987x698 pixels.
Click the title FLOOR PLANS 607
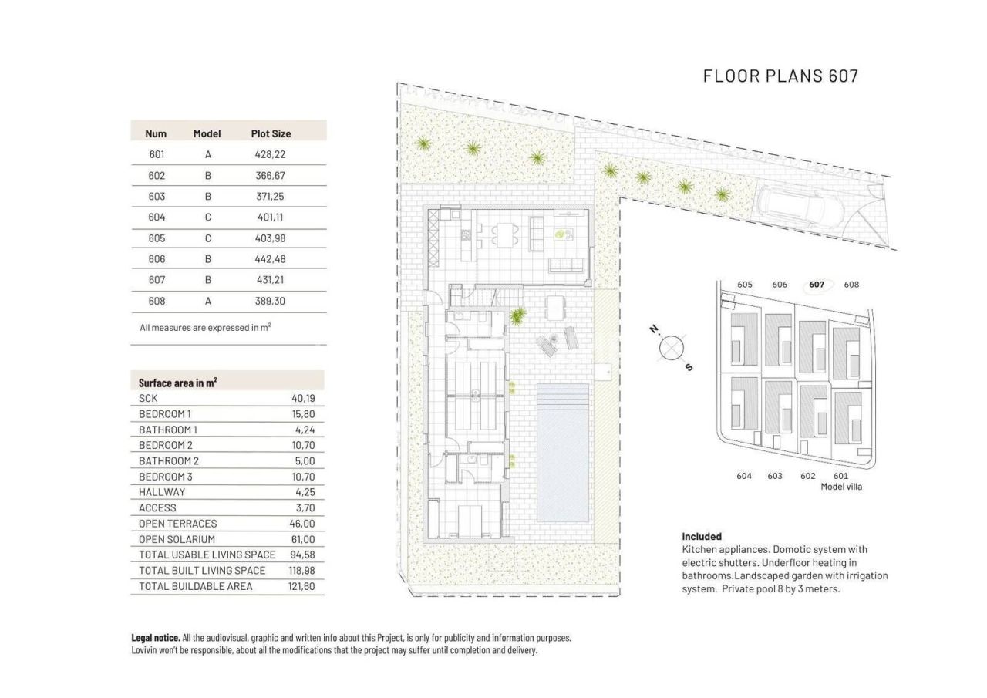pos(780,76)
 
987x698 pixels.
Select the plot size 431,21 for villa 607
pos(270,280)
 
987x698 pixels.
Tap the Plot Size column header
pos(271,133)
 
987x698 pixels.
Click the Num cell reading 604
pos(157,217)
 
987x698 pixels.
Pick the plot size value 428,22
pos(270,154)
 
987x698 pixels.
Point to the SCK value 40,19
pos(303,399)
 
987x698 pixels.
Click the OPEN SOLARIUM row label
pos(177,539)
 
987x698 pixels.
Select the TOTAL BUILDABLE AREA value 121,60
pos(301,586)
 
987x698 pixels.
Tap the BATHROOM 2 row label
pos(168,461)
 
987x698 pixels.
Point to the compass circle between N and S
pos(672,348)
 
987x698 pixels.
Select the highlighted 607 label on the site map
pos(817,285)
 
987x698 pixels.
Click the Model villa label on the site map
pos(841,487)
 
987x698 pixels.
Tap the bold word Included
pos(702,536)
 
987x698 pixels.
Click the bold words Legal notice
pos(156,638)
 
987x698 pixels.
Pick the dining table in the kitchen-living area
pos(506,234)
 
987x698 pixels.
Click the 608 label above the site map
pos(851,285)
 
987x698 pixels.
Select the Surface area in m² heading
pos(177,383)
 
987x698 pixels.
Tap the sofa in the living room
pos(567,265)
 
